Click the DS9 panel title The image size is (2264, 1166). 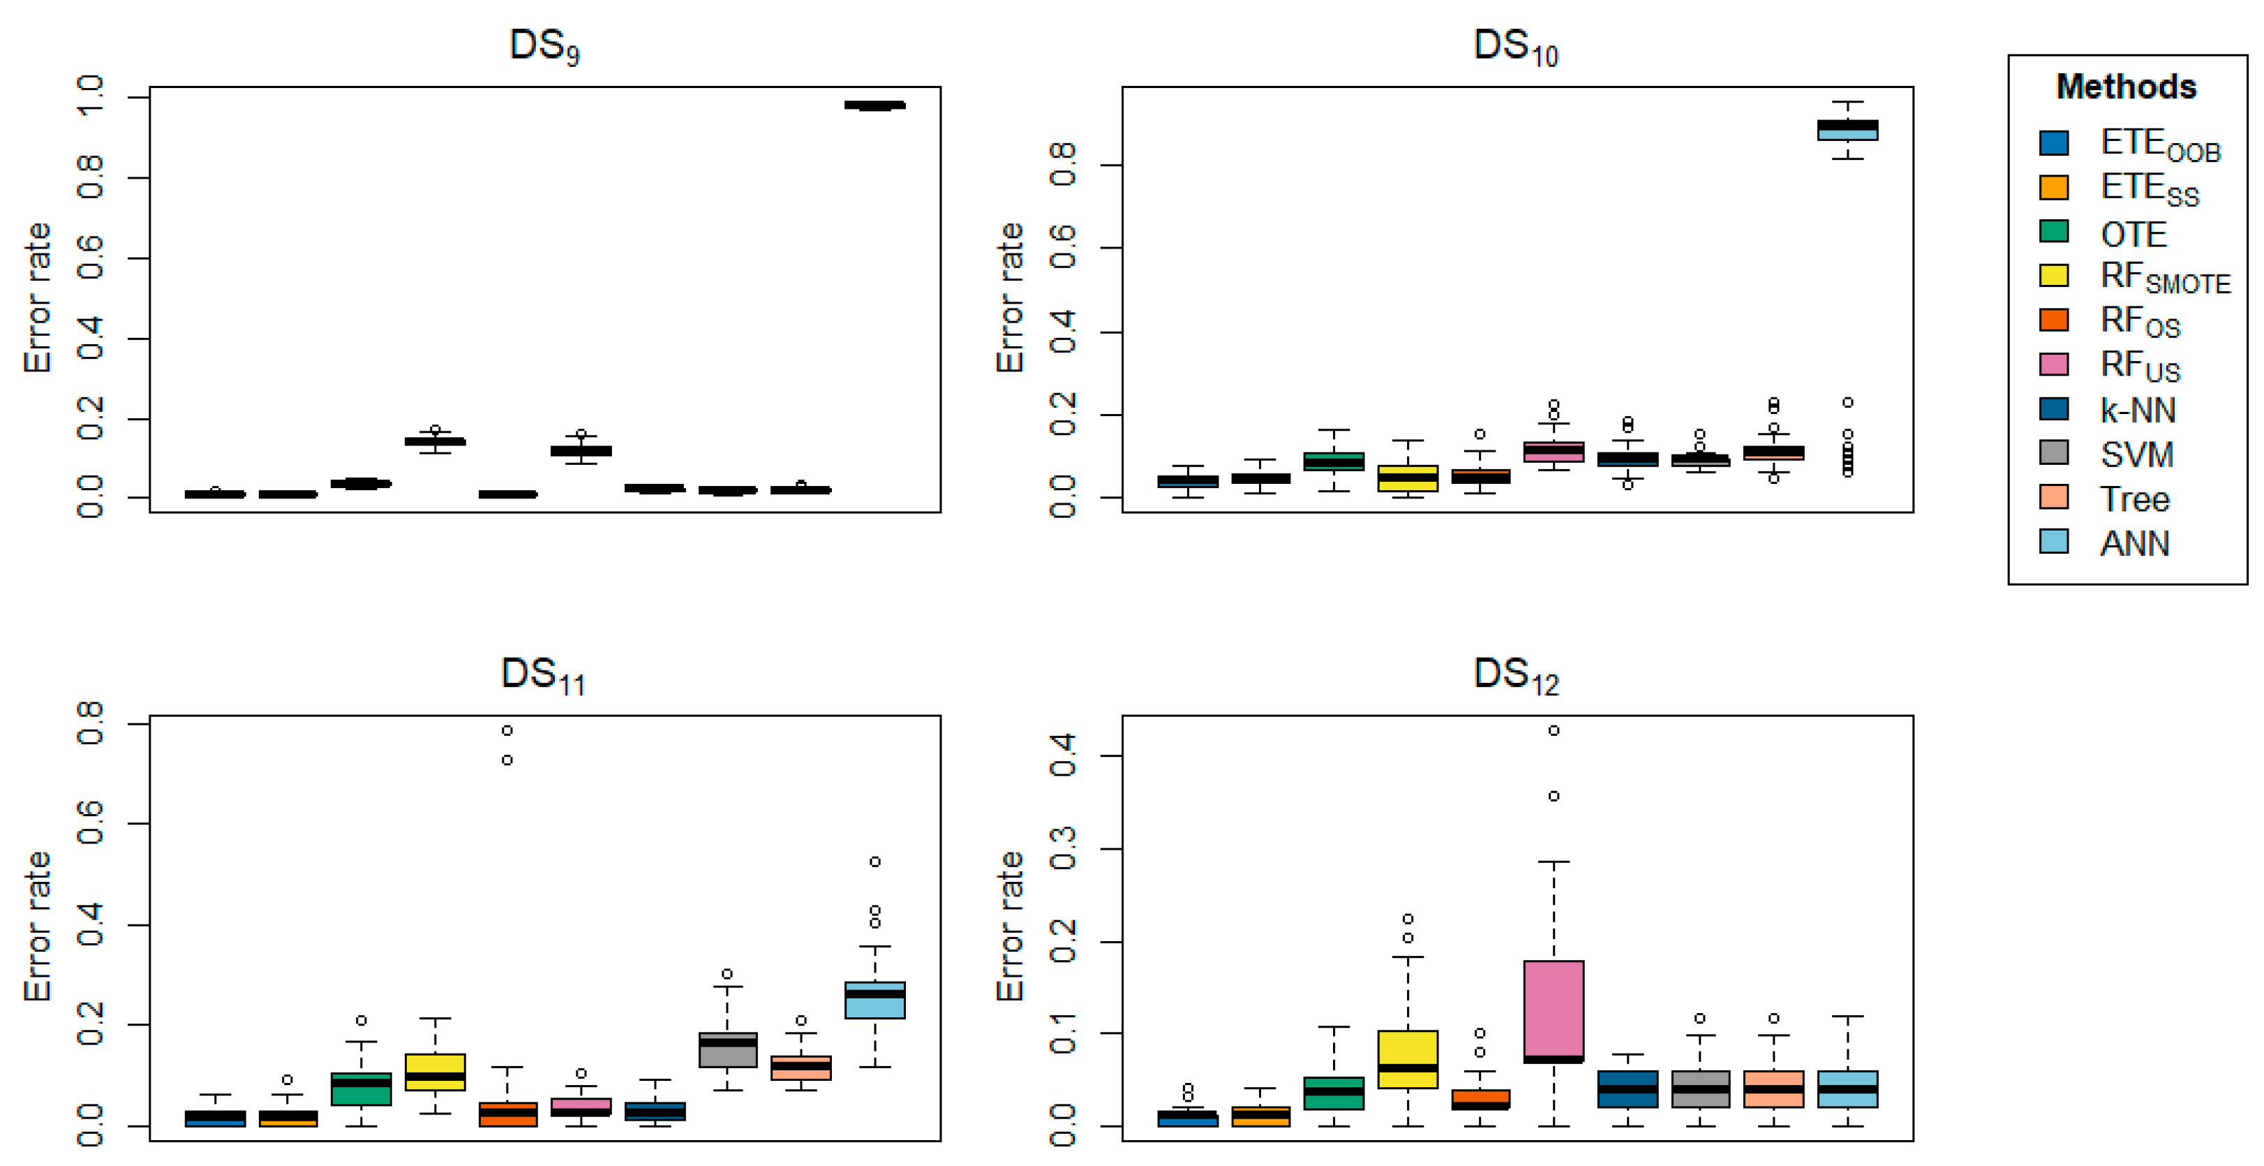pos(545,45)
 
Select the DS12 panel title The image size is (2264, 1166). pos(1516,675)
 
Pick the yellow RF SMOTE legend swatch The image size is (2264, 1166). pos(2054,275)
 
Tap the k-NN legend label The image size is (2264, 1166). pos(2138,410)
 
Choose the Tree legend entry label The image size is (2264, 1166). pos(2135,499)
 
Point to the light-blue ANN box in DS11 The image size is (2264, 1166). pos(874,1001)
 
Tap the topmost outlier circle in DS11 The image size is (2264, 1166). pos(507,730)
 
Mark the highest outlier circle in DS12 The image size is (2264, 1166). pos(1554,730)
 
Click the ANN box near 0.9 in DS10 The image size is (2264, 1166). pos(1847,130)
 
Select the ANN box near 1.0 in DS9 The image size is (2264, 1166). pos(874,105)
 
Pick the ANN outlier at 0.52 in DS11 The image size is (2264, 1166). pos(874,862)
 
